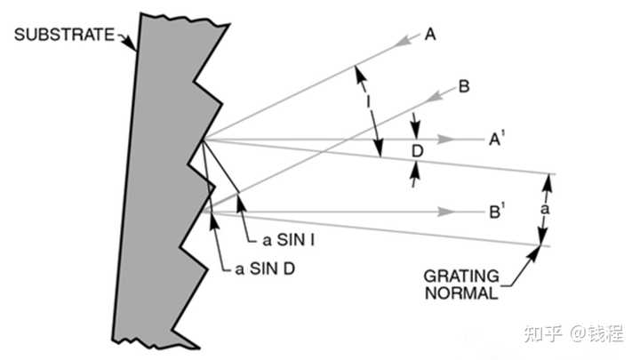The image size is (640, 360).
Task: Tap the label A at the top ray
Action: point(430,35)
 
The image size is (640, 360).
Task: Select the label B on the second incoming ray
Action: point(464,87)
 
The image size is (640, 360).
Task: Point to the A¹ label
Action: point(497,139)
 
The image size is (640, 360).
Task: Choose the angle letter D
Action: point(417,150)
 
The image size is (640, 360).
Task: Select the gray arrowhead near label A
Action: point(406,40)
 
